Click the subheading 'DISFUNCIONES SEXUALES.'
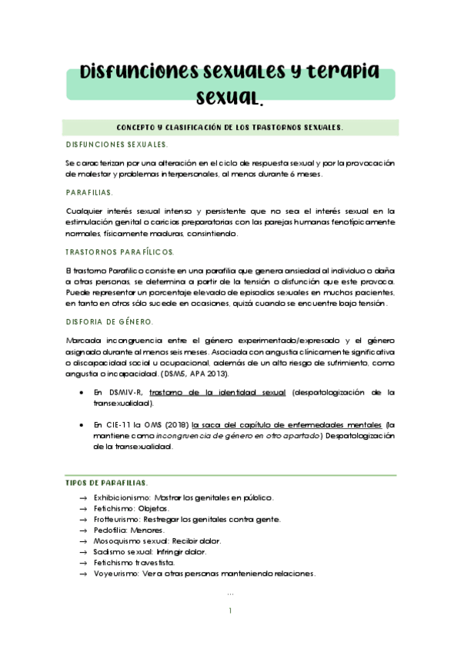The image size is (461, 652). click(x=116, y=144)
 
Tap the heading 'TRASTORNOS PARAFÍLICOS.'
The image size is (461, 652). click(x=120, y=251)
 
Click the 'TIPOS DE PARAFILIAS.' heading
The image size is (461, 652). click(x=106, y=482)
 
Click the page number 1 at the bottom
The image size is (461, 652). click(x=230, y=611)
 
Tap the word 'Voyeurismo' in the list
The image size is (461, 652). click(x=106, y=573)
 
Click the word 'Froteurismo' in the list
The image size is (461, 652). click(x=105, y=519)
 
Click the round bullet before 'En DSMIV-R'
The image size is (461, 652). click(x=83, y=392)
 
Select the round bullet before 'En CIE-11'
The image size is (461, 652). click(x=83, y=424)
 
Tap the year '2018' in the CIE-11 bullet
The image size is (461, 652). click(x=176, y=424)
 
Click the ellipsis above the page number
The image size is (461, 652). click(x=230, y=593)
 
